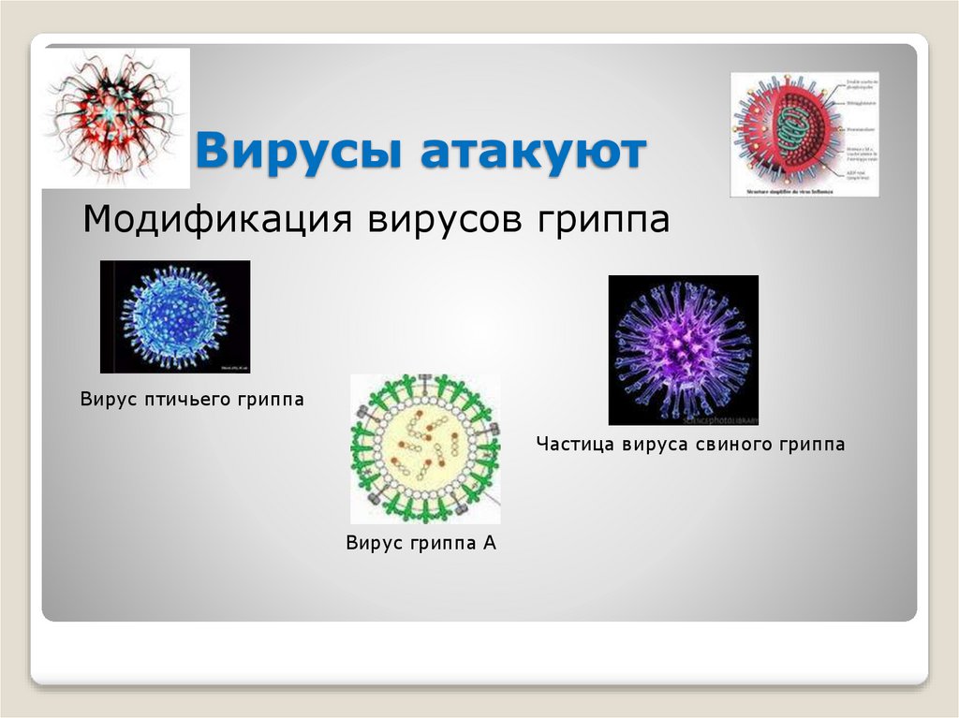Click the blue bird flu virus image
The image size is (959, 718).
175,316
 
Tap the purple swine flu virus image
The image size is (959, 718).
683,350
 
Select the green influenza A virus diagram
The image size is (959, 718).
424,449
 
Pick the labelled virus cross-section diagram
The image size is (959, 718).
804,134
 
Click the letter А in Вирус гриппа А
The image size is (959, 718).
489,542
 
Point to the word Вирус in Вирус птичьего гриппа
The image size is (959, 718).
108,400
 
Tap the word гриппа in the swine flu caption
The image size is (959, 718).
810,445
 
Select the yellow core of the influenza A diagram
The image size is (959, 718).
424,449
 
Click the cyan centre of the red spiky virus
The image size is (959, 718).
113,111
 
